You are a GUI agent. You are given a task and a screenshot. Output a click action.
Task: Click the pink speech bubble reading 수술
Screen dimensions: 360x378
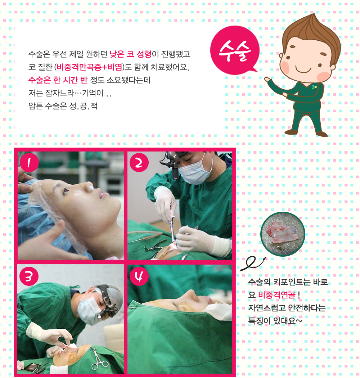(x=235, y=50)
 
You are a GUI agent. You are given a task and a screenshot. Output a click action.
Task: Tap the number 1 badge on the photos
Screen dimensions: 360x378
(x=29, y=162)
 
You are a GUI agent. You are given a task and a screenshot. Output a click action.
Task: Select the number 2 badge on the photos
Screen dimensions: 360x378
(x=139, y=162)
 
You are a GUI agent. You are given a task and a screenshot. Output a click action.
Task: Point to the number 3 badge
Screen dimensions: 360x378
(x=29, y=276)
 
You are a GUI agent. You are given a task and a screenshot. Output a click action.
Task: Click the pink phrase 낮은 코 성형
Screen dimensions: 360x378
(x=130, y=54)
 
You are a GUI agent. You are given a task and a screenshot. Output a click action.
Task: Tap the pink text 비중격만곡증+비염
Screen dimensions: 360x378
(x=89, y=67)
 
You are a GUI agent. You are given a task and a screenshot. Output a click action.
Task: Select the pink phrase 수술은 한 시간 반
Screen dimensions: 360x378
(x=58, y=80)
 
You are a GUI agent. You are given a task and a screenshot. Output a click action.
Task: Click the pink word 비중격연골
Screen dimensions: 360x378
(x=277, y=295)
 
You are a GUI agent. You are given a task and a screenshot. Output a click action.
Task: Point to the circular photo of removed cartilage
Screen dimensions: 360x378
(x=283, y=234)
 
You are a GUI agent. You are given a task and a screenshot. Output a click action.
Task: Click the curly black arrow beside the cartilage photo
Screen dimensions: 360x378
(x=253, y=263)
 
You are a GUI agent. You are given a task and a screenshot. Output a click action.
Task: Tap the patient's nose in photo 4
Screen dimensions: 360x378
(x=190, y=294)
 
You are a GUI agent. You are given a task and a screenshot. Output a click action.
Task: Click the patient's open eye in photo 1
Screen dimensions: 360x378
(x=66, y=192)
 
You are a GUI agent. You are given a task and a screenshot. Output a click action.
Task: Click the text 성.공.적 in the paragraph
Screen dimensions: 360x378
(x=84, y=106)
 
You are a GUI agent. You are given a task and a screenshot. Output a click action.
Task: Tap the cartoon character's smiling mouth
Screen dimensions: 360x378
(x=303, y=70)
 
